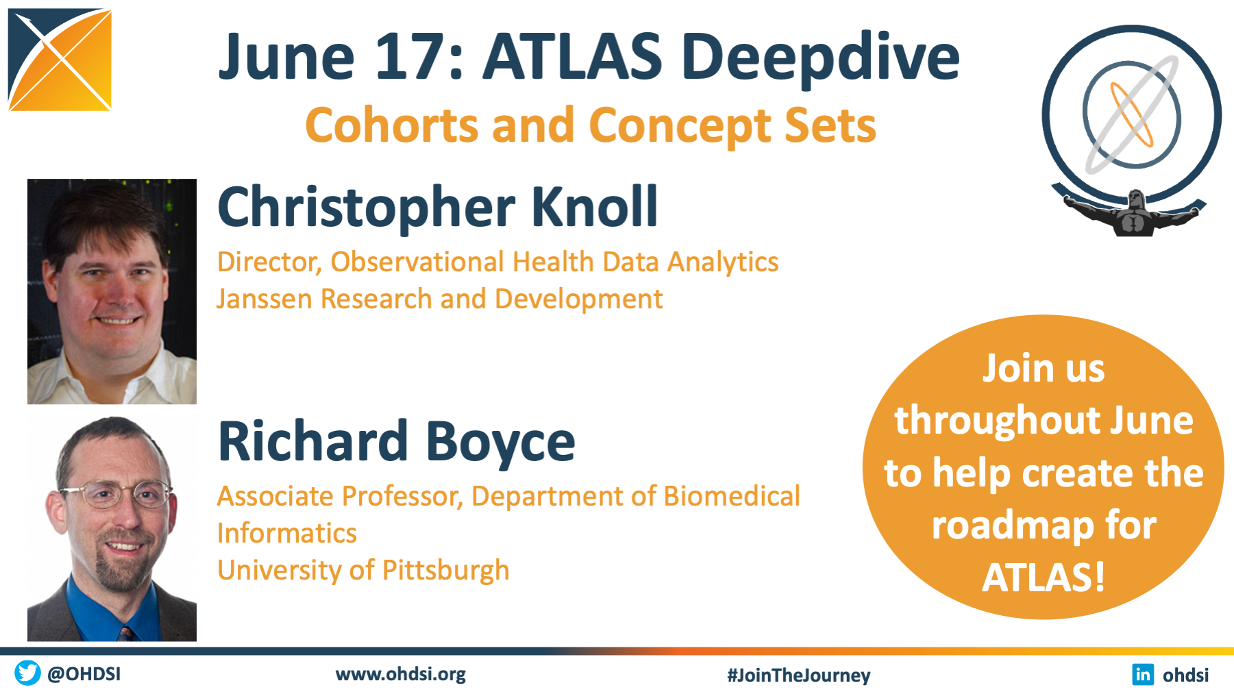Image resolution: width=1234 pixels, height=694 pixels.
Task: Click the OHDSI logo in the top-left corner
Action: point(60,60)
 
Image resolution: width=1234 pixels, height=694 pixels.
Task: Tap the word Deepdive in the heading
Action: point(820,58)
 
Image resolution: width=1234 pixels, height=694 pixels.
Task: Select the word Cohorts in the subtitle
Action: point(391,125)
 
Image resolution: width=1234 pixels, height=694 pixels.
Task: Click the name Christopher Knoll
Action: point(437,207)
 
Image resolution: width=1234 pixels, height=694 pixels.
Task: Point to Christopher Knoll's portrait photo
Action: point(112,291)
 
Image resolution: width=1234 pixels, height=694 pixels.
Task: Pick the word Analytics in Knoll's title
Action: point(723,262)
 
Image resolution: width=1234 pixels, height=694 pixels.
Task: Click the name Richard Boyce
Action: point(396,441)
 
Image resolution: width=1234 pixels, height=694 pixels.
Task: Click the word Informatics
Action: point(286,533)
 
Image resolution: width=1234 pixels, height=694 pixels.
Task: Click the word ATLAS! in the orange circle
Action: point(1044,577)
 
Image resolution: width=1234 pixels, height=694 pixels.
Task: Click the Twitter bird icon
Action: point(27,673)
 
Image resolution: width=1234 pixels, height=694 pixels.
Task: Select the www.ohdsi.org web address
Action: point(401,674)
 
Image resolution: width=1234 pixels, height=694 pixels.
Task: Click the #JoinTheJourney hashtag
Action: point(799,676)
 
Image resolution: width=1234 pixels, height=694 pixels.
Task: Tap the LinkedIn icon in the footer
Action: point(1143,675)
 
